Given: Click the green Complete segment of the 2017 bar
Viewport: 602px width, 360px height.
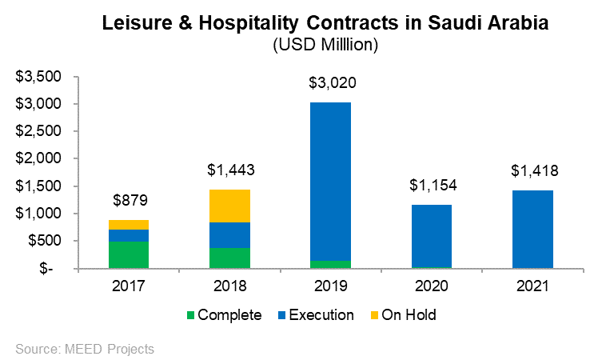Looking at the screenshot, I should [129, 254].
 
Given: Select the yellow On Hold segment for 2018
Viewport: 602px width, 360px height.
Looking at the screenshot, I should [229, 206].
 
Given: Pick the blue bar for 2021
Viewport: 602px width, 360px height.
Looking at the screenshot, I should [532, 229].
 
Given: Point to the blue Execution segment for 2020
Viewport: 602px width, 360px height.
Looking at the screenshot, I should [431, 235].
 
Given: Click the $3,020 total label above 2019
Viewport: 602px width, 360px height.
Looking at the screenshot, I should [330, 82].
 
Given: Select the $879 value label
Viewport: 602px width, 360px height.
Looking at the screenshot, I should [129, 201].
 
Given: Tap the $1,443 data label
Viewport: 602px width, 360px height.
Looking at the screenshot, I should [229, 170].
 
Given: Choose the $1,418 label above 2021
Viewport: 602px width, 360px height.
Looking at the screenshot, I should [532, 171].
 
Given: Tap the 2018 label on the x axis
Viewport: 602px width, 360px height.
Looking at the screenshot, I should [229, 286].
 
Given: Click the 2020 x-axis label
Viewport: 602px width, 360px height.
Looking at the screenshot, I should [431, 286].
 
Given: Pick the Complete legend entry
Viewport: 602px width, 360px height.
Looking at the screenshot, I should [223, 315].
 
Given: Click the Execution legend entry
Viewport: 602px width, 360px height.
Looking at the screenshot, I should [314, 315].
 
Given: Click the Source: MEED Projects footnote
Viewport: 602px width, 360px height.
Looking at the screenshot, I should [85, 348].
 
